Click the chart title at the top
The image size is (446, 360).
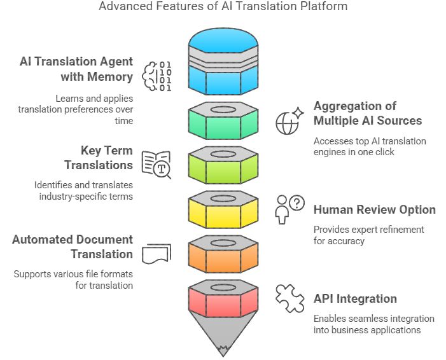click(x=223, y=8)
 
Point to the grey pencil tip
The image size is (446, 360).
click(x=223, y=337)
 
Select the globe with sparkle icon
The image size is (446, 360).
click(x=288, y=121)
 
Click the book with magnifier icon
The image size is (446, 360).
click(x=156, y=165)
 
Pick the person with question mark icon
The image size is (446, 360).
click(x=289, y=209)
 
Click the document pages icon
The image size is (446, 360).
click(x=156, y=254)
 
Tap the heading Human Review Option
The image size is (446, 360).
click(x=374, y=209)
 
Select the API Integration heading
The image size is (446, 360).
click(x=355, y=298)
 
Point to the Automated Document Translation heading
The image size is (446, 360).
click(x=73, y=247)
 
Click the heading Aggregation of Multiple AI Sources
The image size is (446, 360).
click(x=367, y=113)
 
